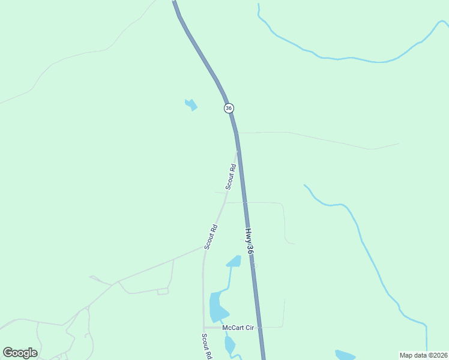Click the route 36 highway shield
[229, 108]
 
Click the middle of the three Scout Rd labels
[210, 237]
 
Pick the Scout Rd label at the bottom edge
[206, 347]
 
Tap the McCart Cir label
[238, 328]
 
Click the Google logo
[20, 353]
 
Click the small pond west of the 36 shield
[191, 105]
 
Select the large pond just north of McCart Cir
[217, 307]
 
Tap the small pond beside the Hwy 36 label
[234, 261]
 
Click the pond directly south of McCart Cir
[229, 344]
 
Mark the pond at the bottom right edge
[345, 355]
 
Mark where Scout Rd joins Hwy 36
[238, 151]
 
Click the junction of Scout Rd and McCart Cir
[204, 328]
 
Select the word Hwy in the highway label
[248, 233]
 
